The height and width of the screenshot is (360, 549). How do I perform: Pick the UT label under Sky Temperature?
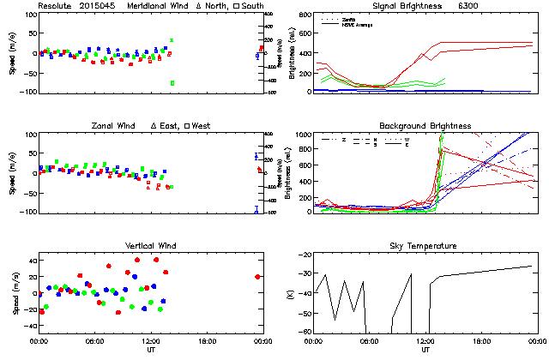click(x=425, y=351)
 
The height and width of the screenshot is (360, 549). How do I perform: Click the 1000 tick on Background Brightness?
click(x=303, y=135)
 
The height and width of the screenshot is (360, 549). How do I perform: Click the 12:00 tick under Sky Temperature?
click(x=425, y=341)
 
